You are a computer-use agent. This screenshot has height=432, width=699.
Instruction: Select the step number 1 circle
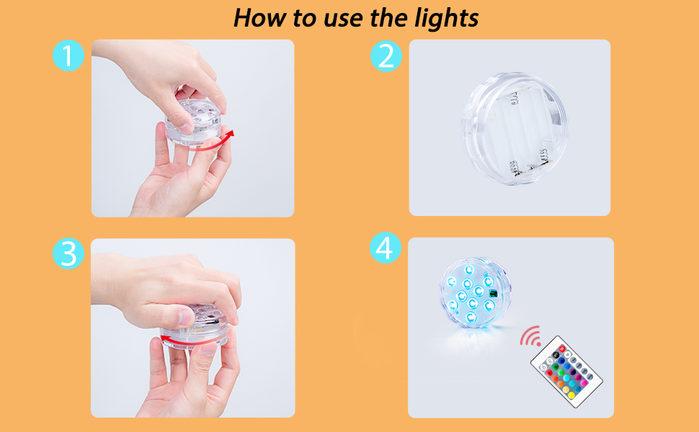(x=68, y=56)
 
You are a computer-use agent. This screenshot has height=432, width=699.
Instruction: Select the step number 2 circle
(x=386, y=56)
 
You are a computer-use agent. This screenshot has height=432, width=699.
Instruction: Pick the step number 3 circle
(x=68, y=254)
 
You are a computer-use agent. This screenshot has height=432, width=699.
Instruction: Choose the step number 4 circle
(x=386, y=249)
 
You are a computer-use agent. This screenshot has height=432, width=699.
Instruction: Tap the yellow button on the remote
(x=571, y=395)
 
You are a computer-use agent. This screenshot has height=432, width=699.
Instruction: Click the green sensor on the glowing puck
(x=493, y=293)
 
